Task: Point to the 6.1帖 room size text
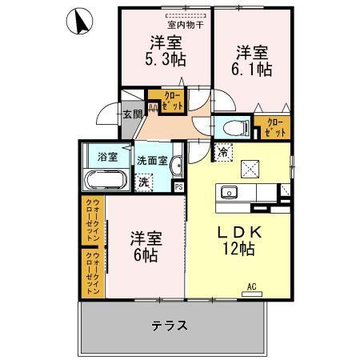(253, 70)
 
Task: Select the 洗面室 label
(151, 159)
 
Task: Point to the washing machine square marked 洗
(143, 182)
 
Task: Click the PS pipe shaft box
(178, 188)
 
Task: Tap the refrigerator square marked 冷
(221, 152)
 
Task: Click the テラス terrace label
(170, 325)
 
